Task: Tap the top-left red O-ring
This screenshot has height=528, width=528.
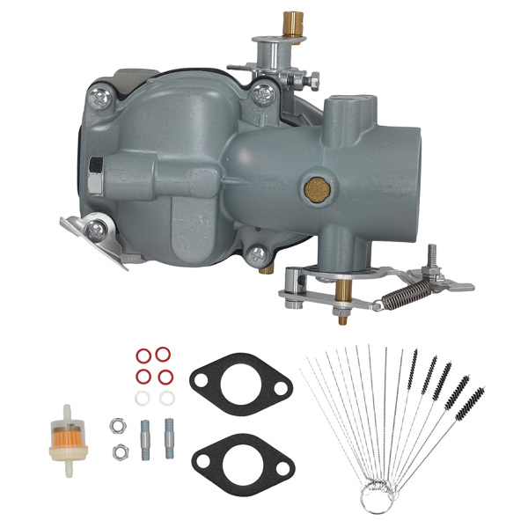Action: (143, 355)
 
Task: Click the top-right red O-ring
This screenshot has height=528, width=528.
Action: (163, 355)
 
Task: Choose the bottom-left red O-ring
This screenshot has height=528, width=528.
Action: (143, 376)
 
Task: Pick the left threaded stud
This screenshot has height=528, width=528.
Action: (144, 436)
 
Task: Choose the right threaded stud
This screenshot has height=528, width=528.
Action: (167, 436)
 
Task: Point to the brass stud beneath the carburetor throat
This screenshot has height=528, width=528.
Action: (339, 290)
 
